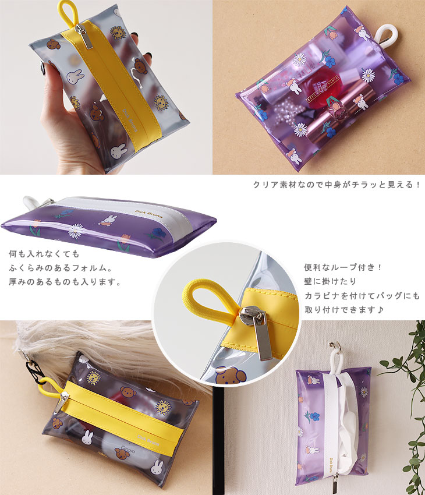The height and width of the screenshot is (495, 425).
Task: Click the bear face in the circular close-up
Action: (231, 375)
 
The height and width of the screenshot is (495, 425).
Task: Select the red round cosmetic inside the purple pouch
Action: (320, 89)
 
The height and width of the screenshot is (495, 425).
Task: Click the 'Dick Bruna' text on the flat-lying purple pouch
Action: (149, 214)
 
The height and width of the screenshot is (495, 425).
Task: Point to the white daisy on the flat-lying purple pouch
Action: (76, 231)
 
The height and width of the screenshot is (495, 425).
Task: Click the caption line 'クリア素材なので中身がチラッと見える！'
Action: (337, 185)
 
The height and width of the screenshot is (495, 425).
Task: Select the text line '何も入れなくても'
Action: (44, 253)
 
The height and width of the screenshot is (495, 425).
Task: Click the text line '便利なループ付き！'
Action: (343, 267)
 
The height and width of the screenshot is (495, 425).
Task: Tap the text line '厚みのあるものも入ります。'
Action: (65, 282)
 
